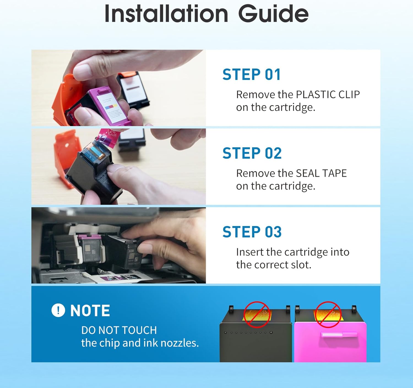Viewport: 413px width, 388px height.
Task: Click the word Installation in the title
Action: click(166, 14)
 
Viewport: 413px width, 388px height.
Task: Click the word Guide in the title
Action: click(273, 14)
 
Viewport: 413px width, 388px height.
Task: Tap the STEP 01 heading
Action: click(252, 74)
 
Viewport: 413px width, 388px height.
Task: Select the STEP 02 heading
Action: click(252, 153)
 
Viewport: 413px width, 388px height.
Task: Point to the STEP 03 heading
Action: click(252, 232)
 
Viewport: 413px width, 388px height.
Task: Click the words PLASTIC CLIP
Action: click(328, 95)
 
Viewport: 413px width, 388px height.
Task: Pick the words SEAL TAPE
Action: click(321, 173)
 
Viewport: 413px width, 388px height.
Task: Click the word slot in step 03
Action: click(301, 265)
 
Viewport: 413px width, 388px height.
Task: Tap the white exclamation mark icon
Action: click(58, 310)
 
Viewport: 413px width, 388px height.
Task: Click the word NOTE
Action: click(90, 311)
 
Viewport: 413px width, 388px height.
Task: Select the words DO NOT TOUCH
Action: click(119, 330)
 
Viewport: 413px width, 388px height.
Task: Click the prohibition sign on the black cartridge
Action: click(257, 314)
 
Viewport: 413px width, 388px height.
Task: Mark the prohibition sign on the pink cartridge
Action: click(328, 314)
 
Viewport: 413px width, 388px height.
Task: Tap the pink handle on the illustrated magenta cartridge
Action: click(339, 335)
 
